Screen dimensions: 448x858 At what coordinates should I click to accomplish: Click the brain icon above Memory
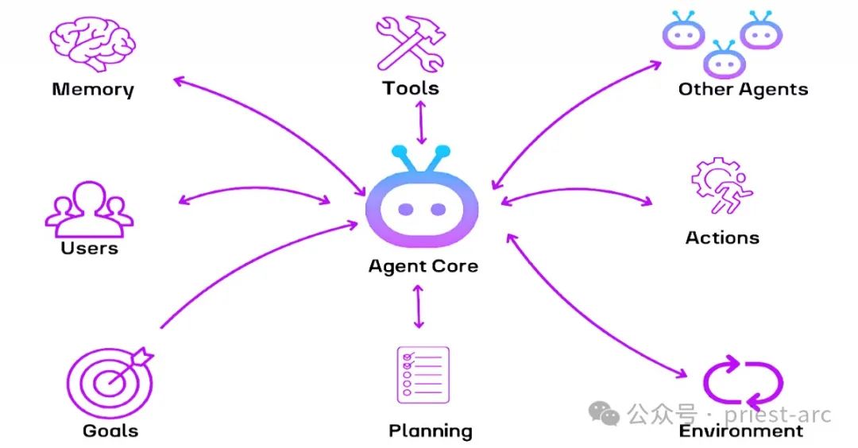93,43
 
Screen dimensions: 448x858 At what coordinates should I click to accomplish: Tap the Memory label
93,89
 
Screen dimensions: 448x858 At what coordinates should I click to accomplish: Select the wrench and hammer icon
410,44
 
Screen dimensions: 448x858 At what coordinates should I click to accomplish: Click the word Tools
410,87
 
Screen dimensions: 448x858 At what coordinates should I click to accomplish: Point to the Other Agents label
743,89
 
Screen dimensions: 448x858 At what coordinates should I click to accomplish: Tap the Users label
89,248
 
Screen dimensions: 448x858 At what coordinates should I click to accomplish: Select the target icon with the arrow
109,382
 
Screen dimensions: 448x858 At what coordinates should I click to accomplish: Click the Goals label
110,431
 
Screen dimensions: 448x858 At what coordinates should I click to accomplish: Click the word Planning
430,431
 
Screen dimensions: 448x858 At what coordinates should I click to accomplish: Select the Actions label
722,238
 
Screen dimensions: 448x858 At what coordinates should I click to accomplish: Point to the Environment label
740,431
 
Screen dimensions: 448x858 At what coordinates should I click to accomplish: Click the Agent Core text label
423,266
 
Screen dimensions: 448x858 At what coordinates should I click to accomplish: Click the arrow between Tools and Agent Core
421,123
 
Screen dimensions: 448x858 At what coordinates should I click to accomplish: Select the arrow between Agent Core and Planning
419,306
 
